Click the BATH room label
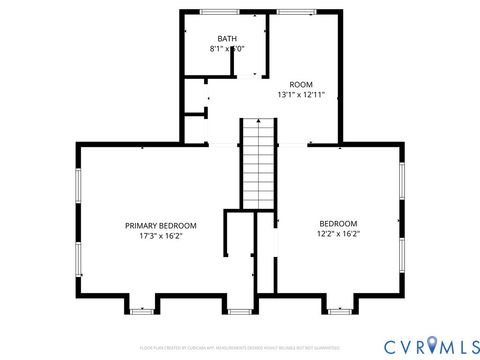[x=227, y=39]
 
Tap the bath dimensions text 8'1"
[x=216, y=49]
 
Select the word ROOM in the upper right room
[x=301, y=84]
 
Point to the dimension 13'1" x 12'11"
[x=301, y=94]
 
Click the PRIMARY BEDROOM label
[x=160, y=225]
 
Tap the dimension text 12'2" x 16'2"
[x=338, y=234]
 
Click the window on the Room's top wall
[x=291, y=12]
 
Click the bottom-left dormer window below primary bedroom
[x=142, y=311]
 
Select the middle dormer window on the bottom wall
[x=240, y=311]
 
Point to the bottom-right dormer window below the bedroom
[x=340, y=311]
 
